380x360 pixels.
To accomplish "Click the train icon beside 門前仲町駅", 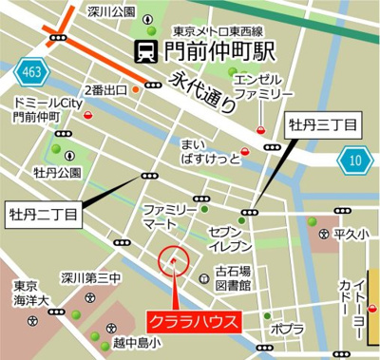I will tap(145, 49).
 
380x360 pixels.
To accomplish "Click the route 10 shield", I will tap(357, 160).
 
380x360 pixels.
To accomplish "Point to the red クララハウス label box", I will tap(194, 321).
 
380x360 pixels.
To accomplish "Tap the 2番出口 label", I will tap(107, 90).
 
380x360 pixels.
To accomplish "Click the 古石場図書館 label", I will tap(231, 276).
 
